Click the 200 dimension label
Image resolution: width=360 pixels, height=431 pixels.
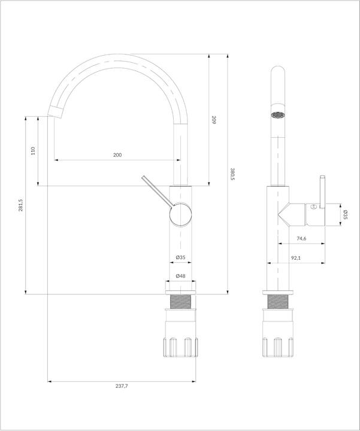click(x=117, y=155)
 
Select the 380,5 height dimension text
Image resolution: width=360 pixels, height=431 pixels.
click(x=232, y=174)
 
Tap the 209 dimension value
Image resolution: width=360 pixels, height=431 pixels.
click(x=214, y=120)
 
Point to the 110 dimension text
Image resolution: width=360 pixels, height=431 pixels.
click(x=34, y=151)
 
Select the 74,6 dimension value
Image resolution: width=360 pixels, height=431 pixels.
click(x=301, y=239)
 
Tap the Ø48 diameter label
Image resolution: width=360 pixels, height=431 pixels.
click(x=180, y=276)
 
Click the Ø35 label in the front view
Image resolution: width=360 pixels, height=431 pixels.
click(x=180, y=257)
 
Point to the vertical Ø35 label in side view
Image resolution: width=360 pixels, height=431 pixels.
click(x=346, y=214)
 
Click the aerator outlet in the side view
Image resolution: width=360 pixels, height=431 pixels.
click(x=277, y=114)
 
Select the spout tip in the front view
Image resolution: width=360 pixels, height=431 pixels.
click(x=55, y=111)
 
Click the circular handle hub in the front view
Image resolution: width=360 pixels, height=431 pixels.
click(x=180, y=214)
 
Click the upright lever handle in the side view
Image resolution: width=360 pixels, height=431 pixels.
click(x=321, y=192)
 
